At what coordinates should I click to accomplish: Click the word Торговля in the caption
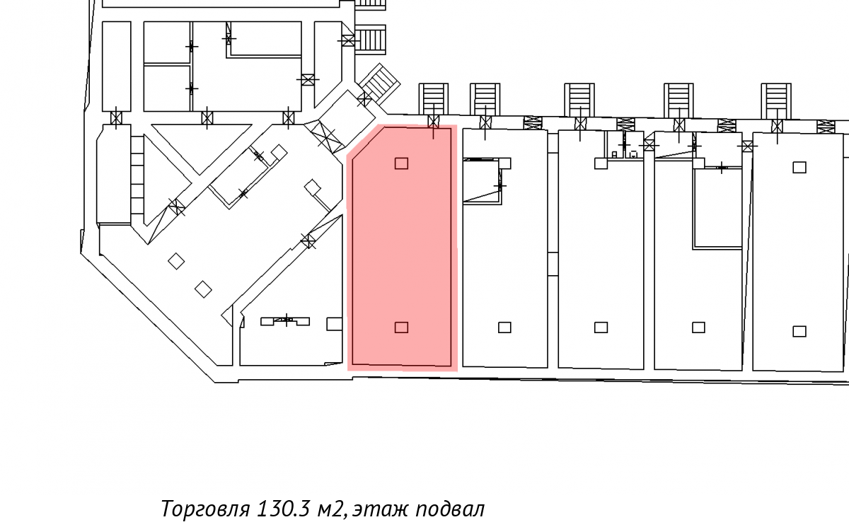(205, 509)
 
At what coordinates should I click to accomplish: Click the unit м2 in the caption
(332, 509)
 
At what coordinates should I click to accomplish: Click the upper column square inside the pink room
(401, 163)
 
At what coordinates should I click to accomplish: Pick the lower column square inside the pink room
(401, 328)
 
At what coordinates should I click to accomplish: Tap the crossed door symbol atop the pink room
(433, 122)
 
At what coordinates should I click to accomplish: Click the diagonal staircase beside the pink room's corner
(379, 83)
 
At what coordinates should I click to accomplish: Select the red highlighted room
(402, 247)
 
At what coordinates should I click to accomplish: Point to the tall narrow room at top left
(117, 66)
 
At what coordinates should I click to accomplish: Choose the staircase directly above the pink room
(433, 98)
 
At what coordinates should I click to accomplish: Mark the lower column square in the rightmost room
(799, 332)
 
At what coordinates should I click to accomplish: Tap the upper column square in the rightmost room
(799, 167)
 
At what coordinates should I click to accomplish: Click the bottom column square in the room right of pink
(504, 328)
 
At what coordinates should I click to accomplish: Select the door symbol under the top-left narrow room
(116, 118)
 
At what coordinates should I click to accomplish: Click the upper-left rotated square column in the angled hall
(176, 261)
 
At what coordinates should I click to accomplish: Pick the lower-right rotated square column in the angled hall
(203, 289)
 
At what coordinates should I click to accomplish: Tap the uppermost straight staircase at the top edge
(371, 4)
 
